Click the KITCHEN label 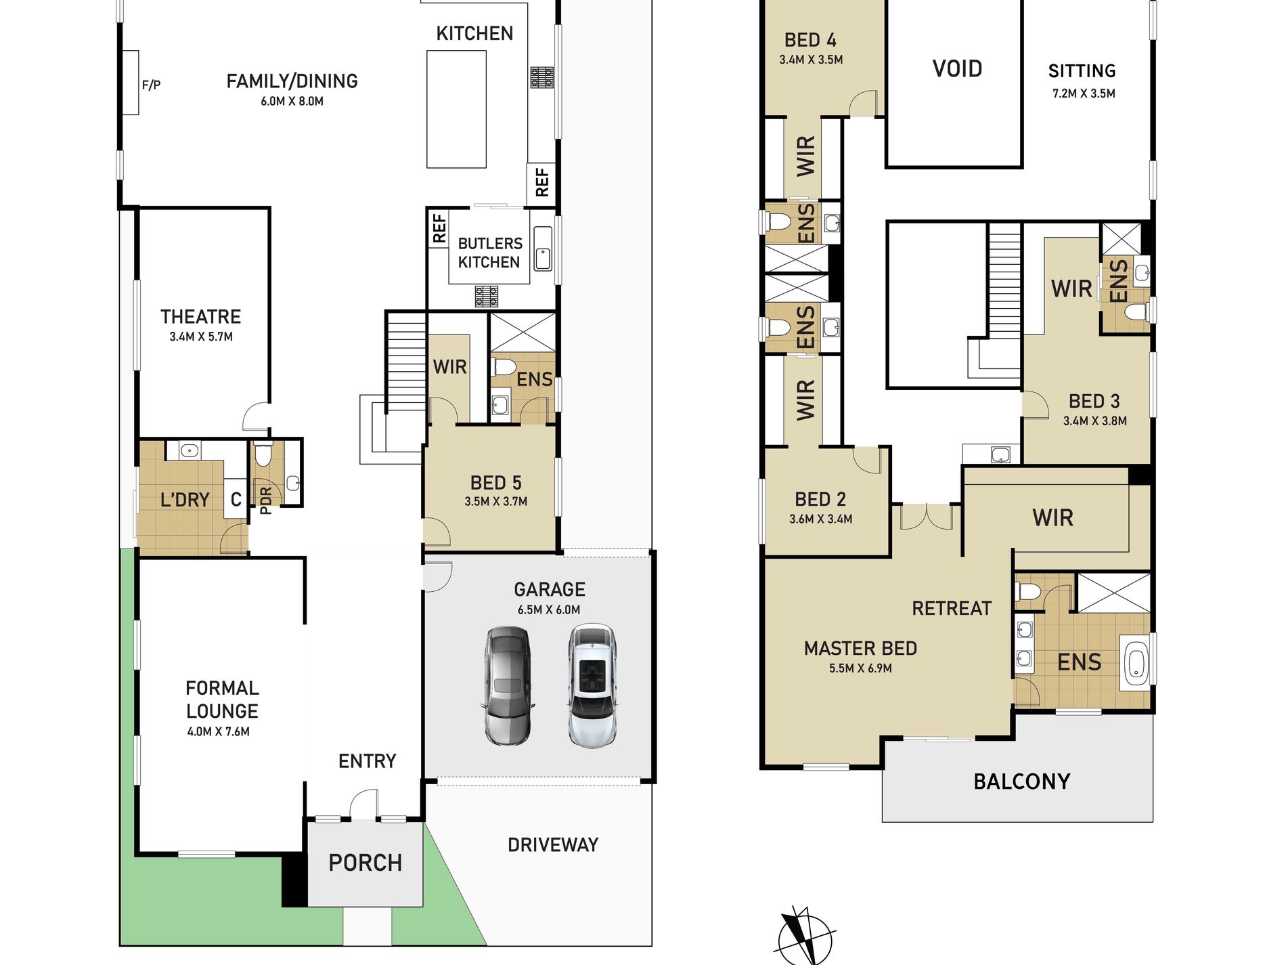coord(474,33)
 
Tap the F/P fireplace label coord(151,85)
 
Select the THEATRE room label coord(201,316)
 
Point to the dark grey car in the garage coord(508,685)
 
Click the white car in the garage coord(593,685)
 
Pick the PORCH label coord(365,863)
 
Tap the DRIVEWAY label coord(553,845)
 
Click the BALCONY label coord(1022,781)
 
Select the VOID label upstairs coord(957,68)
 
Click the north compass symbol coord(804,936)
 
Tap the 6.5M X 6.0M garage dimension coord(549,609)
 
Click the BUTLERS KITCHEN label coord(490,253)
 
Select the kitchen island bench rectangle coord(456,109)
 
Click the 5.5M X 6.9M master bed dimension coord(860,668)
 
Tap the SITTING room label coord(1082,71)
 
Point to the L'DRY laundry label coord(184,500)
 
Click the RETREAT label coord(952,608)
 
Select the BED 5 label coord(496,483)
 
